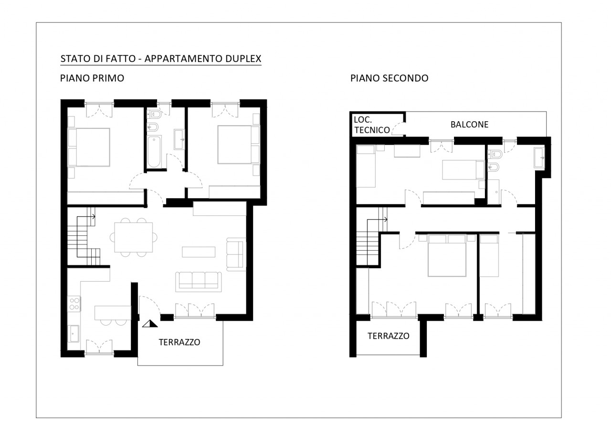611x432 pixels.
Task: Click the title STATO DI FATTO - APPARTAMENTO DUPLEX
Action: point(161,59)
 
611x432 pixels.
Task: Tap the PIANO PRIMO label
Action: point(92,78)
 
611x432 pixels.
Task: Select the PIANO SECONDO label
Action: point(389,78)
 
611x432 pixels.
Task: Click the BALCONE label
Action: point(469,125)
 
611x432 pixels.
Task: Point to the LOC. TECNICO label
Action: point(371,125)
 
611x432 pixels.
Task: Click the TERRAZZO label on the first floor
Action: point(179,342)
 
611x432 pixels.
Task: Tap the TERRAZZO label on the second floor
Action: point(389,336)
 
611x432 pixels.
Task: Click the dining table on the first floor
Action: point(133,237)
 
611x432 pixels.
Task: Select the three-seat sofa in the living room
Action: point(198,282)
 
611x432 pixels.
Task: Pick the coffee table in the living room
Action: point(199,252)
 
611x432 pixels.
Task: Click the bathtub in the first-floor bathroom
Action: point(154,151)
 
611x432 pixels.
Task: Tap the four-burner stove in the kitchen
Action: point(74,304)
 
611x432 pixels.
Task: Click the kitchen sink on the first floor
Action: point(74,333)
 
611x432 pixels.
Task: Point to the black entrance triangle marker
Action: point(150,324)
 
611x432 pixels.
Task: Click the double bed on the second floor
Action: point(446,255)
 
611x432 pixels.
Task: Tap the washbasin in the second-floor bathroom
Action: point(539,158)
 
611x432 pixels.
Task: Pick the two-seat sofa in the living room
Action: point(236,254)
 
